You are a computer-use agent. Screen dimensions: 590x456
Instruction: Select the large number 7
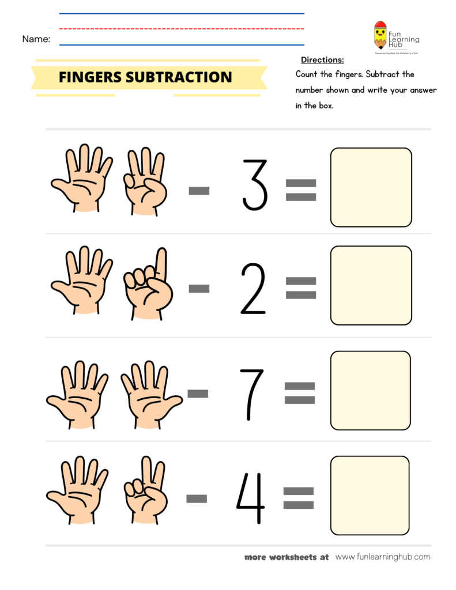click(x=252, y=394)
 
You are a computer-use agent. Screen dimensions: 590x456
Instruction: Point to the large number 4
click(x=251, y=498)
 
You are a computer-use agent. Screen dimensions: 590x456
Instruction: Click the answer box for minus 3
click(x=371, y=187)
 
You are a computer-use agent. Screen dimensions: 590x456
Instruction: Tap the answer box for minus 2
click(x=371, y=285)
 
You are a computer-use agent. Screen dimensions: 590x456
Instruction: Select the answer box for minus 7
click(x=370, y=390)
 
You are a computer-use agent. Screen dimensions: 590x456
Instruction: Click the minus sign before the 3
click(x=199, y=190)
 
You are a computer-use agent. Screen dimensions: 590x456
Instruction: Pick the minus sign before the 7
click(x=198, y=394)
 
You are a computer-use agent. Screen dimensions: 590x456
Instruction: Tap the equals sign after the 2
click(x=300, y=288)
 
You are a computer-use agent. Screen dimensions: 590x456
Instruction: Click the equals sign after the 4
click(x=299, y=498)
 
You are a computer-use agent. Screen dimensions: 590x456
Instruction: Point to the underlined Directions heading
click(x=322, y=60)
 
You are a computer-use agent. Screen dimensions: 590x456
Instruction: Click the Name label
click(x=36, y=39)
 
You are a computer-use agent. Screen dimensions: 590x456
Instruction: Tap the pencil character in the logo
click(x=380, y=36)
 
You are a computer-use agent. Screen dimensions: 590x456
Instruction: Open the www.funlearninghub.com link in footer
click(x=383, y=557)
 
